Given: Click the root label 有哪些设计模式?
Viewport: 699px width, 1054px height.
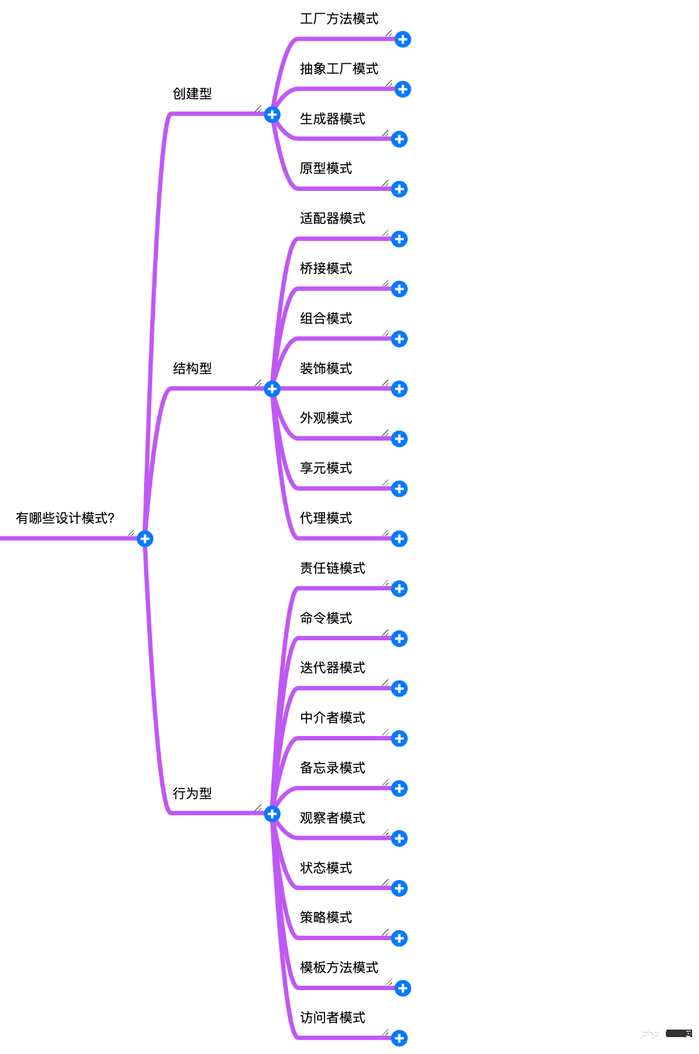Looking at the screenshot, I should (65, 518).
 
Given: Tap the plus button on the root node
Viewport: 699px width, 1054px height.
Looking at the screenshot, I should (145, 538).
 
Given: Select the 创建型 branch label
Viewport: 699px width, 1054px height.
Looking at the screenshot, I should (192, 94).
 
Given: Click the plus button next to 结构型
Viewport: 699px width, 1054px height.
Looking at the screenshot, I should (272, 389).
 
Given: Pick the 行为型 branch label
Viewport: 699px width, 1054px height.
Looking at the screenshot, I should (192, 794).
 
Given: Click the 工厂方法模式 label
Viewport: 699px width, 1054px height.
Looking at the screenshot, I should (339, 19).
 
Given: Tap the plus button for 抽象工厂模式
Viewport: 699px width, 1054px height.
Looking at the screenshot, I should (403, 89).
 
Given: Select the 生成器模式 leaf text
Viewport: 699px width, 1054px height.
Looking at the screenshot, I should (333, 119).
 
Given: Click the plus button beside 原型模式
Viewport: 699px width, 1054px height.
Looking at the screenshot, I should (400, 189).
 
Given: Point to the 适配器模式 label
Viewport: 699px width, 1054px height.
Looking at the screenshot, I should (333, 218).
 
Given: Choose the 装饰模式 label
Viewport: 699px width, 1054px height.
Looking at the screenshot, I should (326, 369).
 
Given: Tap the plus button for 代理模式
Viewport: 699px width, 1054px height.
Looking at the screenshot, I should (400, 538).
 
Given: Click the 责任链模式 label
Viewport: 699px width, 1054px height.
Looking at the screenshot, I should (333, 568).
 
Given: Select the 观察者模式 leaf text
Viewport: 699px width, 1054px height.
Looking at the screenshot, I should (333, 818).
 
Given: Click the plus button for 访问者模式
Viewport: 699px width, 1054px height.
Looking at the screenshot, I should (400, 1038).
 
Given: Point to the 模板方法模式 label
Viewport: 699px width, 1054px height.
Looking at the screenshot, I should (339, 968).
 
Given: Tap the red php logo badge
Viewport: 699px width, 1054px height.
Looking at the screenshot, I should (650, 1033).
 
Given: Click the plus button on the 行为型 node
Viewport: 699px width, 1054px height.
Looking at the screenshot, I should (272, 814).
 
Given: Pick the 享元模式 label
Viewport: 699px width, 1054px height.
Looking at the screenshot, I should (326, 468).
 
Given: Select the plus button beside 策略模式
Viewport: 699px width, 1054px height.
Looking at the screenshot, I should (400, 938).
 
